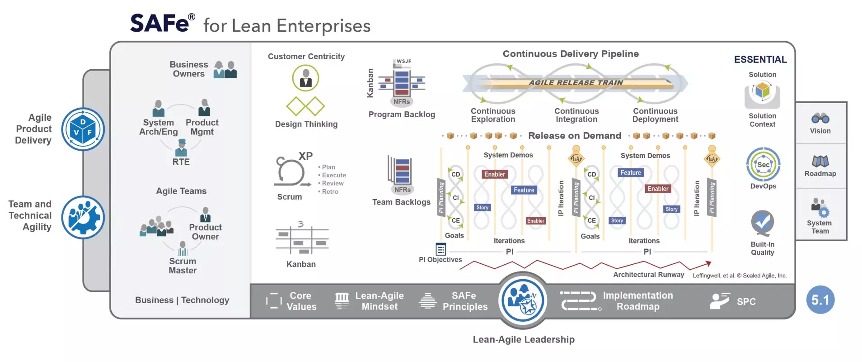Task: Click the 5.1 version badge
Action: coord(820,300)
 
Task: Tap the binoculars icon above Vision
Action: coord(820,119)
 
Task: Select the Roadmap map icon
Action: coord(820,162)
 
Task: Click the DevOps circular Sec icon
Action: coord(763,165)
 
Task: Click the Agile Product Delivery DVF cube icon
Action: coord(83,129)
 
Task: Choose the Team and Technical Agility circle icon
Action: coord(83,217)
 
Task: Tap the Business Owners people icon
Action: coord(225,70)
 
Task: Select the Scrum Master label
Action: coord(183,266)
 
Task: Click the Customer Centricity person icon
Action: coord(306,78)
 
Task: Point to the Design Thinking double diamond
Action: coord(306,106)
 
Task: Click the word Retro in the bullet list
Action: coord(330,192)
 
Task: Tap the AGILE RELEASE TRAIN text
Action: coord(576,83)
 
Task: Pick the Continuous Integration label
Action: coord(576,115)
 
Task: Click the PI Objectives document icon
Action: coord(440,249)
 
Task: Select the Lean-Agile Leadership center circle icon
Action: coord(523,300)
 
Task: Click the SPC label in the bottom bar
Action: coord(746,302)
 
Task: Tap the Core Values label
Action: coord(301,301)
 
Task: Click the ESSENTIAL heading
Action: coord(760,60)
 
